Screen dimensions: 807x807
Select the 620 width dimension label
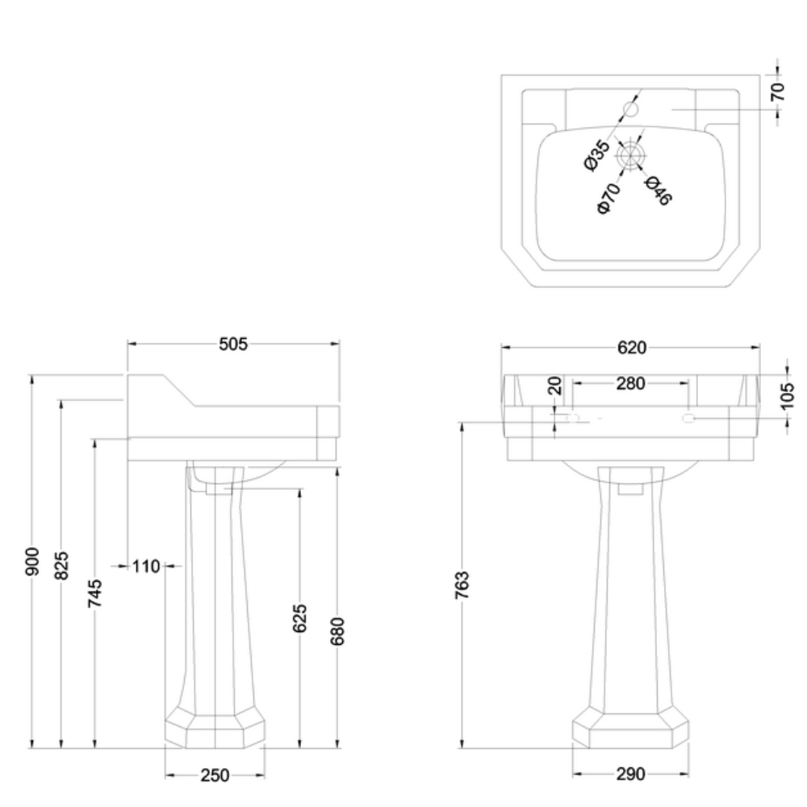[x=631, y=348]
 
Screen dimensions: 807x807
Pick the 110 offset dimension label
[x=146, y=567]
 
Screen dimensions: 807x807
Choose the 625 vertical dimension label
[x=299, y=619]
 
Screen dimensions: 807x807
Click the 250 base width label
[x=215, y=776]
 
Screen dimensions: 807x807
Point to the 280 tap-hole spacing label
[x=630, y=383]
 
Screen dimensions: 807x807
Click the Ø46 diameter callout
[x=659, y=190]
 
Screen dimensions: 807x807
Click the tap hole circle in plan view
[x=631, y=108]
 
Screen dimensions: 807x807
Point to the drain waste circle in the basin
[x=629, y=156]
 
